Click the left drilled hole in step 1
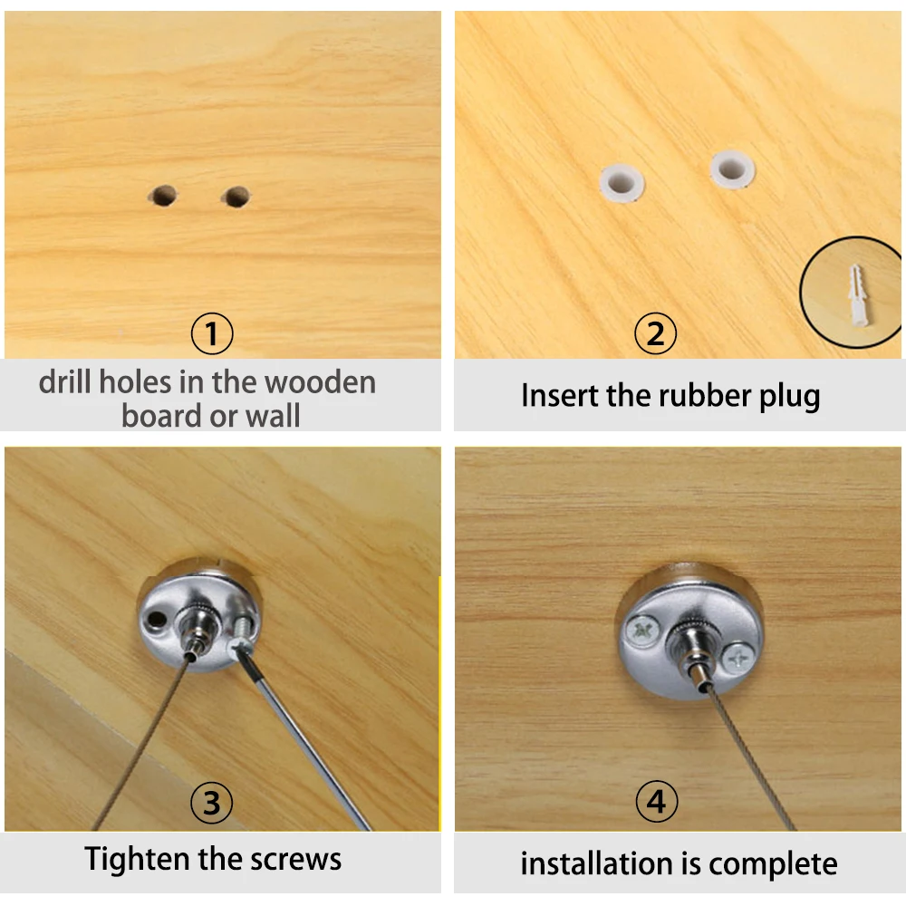(x=164, y=196)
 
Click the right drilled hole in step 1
(x=236, y=197)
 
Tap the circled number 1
(x=212, y=333)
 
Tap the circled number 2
(x=655, y=333)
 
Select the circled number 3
(x=211, y=803)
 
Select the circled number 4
(x=656, y=801)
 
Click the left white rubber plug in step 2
(x=622, y=183)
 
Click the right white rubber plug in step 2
(x=732, y=169)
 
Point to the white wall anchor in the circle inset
(x=858, y=294)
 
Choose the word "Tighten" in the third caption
(x=138, y=859)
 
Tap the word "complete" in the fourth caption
(x=773, y=865)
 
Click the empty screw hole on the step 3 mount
(x=156, y=620)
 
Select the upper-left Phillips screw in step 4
(x=642, y=630)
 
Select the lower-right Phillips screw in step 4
(x=737, y=657)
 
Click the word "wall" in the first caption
(x=273, y=416)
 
